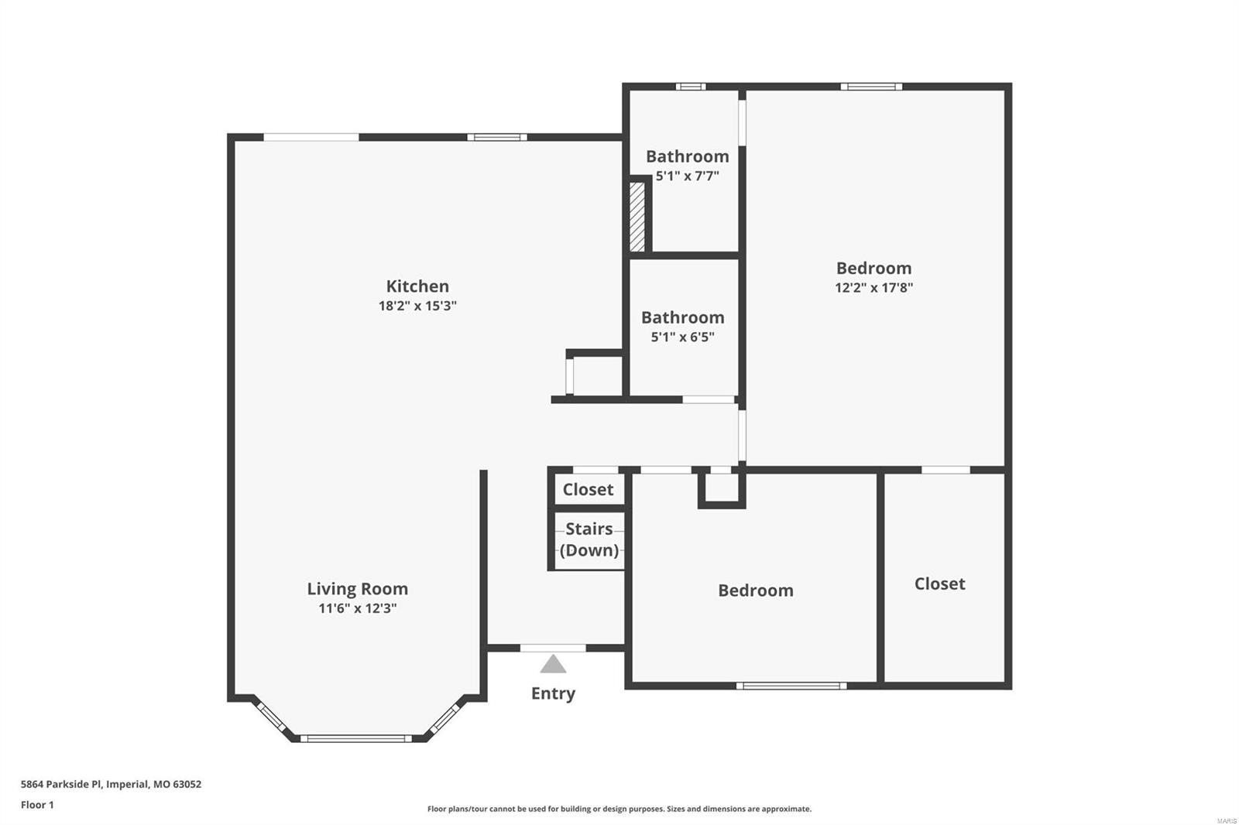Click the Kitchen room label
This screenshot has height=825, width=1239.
pos(417,286)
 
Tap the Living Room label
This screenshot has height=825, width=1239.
pos(357,589)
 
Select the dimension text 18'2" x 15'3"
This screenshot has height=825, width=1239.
pos(417,306)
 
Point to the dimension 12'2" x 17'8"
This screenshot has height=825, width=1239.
pos(873,288)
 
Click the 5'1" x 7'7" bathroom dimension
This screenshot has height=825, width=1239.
pos(687,176)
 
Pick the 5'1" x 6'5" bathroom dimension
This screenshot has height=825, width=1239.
pos(682,337)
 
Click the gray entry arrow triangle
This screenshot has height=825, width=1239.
pos(553,664)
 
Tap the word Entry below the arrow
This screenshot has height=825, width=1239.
pos(553,693)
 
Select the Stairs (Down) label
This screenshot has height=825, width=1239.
pos(589,539)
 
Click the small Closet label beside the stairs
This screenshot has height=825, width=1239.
pos(588,489)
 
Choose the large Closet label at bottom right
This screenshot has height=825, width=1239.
pos(939,584)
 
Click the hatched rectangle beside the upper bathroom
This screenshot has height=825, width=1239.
pos(637,216)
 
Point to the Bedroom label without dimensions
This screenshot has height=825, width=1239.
pos(755,591)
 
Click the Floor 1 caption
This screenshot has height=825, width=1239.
pos(37,805)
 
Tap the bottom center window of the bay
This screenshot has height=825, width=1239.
pos(355,738)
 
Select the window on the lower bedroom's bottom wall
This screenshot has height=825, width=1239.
pos(791,686)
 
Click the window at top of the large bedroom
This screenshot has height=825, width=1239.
pos(871,87)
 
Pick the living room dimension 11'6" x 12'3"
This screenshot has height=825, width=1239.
pos(357,608)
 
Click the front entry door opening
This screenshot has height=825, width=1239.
pos(552,648)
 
